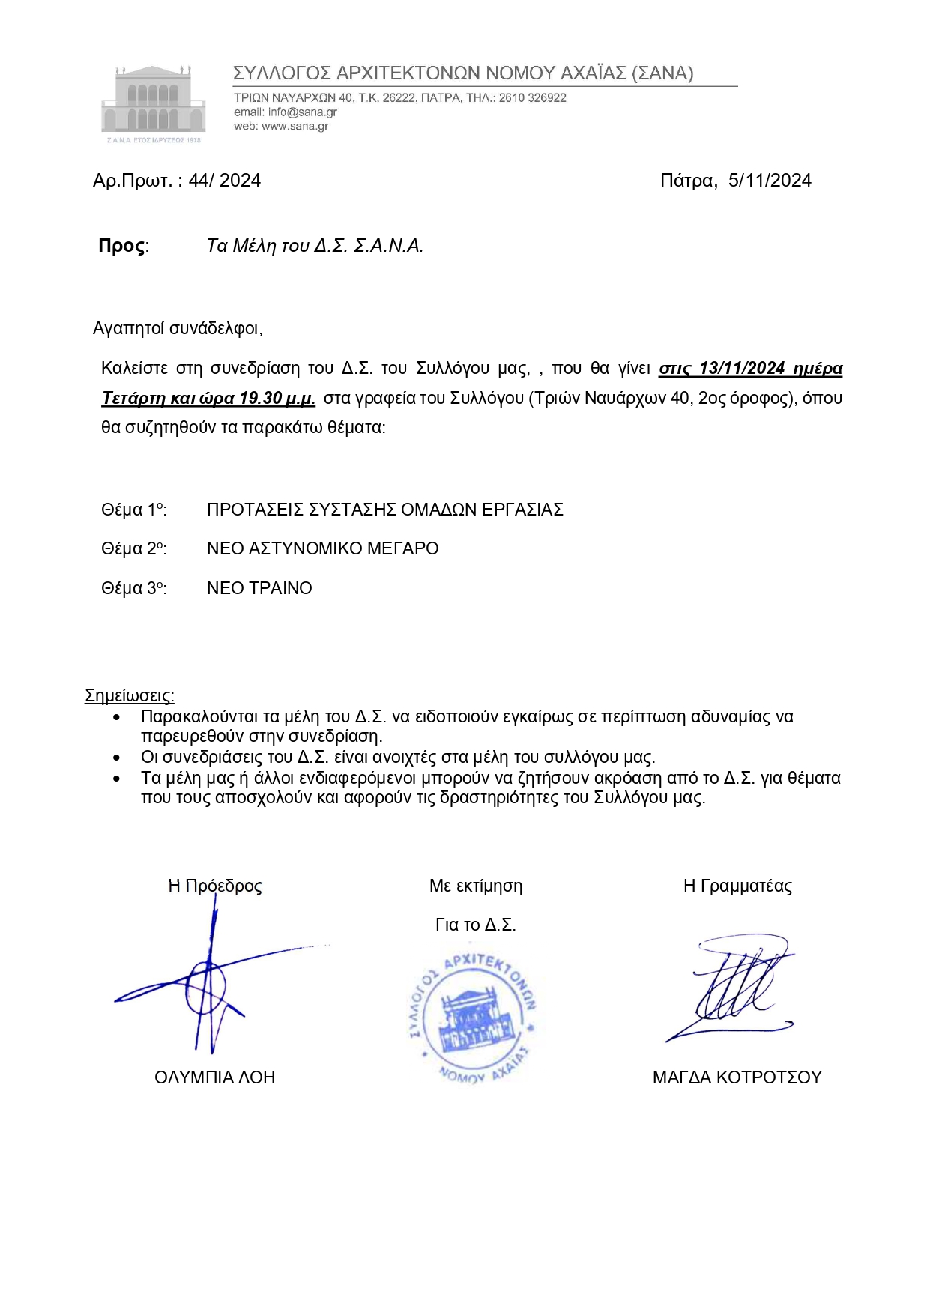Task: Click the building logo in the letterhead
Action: click(153, 103)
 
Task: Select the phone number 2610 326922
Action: click(532, 98)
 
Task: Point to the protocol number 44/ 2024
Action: click(224, 181)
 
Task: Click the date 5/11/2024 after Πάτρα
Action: click(770, 181)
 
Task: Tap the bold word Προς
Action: click(122, 246)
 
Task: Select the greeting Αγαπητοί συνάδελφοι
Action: click(178, 328)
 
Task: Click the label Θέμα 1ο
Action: click(133, 510)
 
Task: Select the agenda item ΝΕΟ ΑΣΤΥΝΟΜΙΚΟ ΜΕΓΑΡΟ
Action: click(322, 548)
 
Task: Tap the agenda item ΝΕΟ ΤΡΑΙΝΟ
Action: click(259, 588)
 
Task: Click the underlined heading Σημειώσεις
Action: click(129, 695)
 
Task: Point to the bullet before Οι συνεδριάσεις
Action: click(117, 758)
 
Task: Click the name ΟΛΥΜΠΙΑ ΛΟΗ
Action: click(214, 1077)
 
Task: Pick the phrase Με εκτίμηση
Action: click(476, 886)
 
